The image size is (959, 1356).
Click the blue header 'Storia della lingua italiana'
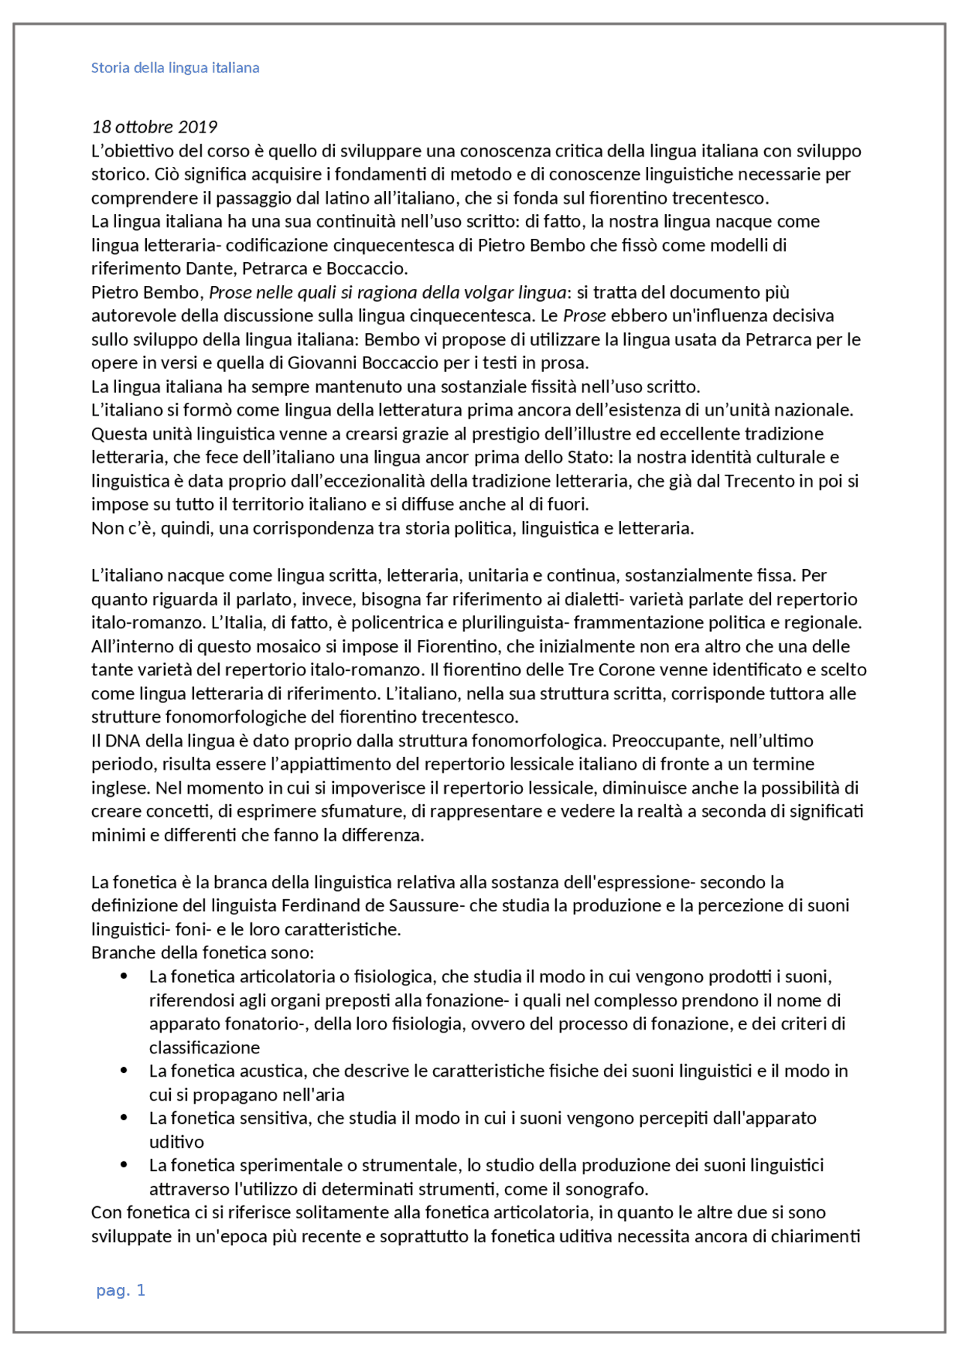coord(175,68)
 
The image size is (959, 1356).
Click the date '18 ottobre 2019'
coord(154,127)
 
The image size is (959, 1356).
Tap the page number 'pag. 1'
coord(121,1290)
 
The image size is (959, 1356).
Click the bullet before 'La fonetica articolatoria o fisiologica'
coord(124,976)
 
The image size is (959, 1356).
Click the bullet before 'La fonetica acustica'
coord(124,1071)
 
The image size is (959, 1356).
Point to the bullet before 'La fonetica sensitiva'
coord(124,1118)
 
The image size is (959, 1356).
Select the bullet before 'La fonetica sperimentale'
coord(124,1165)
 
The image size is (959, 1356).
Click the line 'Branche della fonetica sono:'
coord(202,952)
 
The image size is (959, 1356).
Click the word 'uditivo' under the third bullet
coord(177,1142)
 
